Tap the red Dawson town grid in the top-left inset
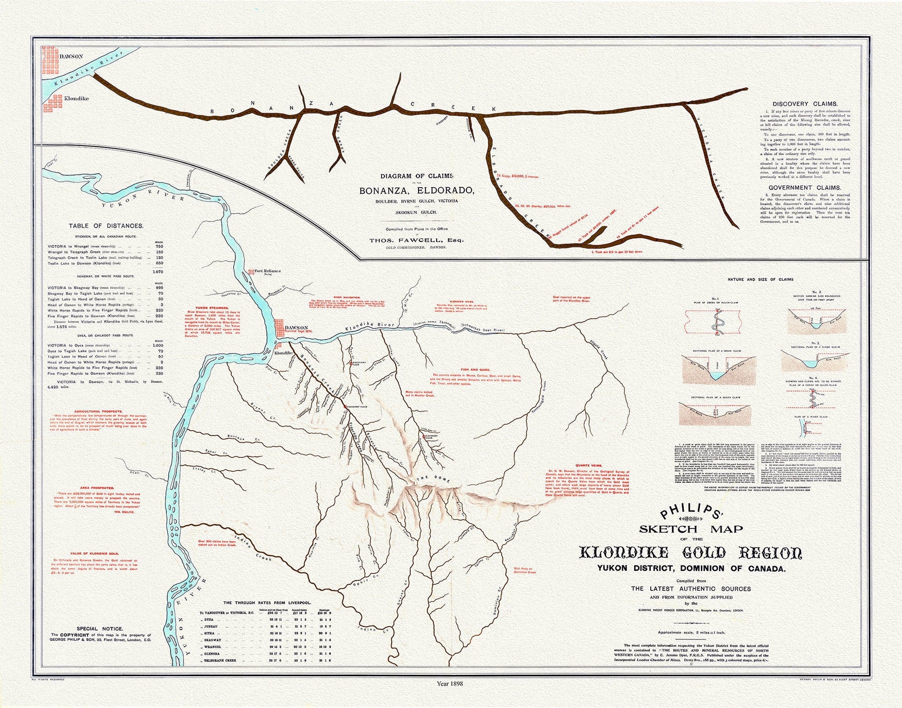pos(50,59)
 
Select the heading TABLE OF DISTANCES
pos(106,226)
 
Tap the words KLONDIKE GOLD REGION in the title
pos(690,553)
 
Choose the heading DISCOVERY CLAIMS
pos(805,104)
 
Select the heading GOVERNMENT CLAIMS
pos(805,188)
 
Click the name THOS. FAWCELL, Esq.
pos(416,240)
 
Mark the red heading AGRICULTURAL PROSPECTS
pos(98,411)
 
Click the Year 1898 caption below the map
pos(450,683)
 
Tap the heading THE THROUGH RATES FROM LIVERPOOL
pos(267,603)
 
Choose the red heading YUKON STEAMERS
pos(212,308)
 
